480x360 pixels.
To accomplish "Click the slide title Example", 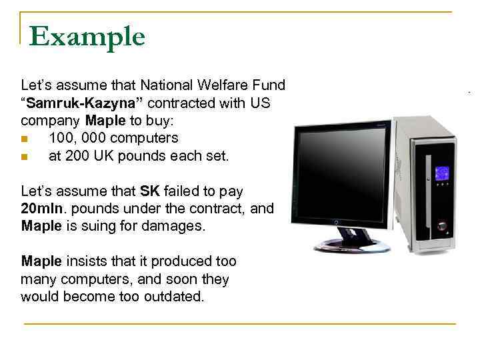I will coord(87,36).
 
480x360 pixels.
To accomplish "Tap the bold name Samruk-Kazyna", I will coord(83,103).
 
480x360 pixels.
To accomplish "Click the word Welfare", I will coord(223,85).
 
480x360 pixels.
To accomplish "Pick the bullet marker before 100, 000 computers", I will coord(25,139).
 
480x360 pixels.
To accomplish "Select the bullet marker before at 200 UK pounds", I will coord(25,157).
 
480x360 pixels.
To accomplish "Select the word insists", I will coord(85,261).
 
